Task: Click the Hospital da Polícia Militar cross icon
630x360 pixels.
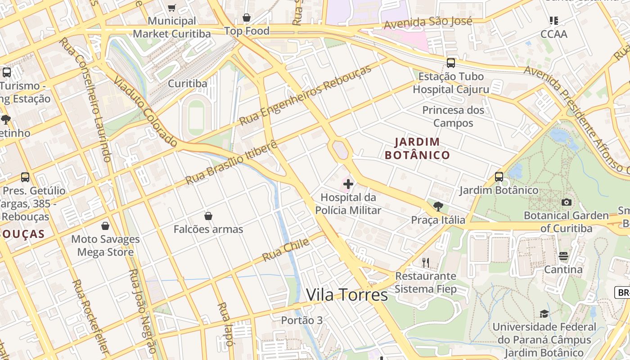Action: click(x=348, y=184)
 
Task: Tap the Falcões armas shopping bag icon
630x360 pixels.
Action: click(x=208, y=216)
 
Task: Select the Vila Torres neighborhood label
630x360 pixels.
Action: click(x=346, y=295)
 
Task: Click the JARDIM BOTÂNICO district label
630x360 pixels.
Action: click(x=417, y=148)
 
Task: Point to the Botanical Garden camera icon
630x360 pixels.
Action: click(x=567, y=202)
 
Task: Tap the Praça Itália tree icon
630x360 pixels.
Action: click(x=438, y=207)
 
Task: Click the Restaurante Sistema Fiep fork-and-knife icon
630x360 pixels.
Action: click(x=425, y=262)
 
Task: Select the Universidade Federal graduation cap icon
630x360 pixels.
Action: click(x=544, y=314)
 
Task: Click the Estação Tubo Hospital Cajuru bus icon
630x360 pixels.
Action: click(x=451, y=63)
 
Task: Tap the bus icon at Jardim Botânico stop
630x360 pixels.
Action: click(x=499, y=177)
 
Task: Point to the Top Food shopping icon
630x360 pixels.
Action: click(x=247, y=18)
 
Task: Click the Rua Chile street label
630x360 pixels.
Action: click(x=286, y=250)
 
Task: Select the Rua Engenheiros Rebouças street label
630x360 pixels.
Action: click(x=306, y=95)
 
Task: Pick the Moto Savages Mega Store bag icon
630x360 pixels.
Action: click(x=105, y=226)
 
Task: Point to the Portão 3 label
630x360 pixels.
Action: click(x=302, y=320)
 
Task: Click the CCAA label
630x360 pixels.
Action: click(x=554, y=34)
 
